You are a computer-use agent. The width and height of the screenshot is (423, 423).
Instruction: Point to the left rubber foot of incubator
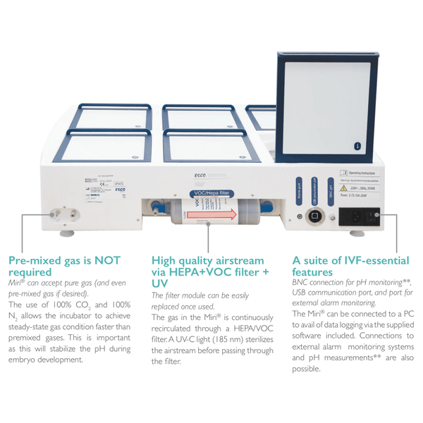point(68,231)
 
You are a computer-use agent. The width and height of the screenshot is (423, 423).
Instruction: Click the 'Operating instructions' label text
point(367,171)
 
